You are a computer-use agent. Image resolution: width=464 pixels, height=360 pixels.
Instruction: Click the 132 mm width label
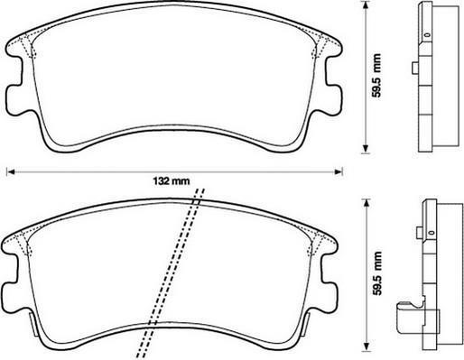[x=172, y=181]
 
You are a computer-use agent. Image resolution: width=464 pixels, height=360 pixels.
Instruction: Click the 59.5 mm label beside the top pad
[x=376, y=76]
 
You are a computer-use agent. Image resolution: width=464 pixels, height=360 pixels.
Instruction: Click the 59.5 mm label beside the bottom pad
[x=376, y=273]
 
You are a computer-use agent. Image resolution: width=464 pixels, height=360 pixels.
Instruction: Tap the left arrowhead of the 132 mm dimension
[x=10, y=172]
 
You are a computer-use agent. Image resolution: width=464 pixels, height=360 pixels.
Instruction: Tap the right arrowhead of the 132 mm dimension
[x=339, y=172]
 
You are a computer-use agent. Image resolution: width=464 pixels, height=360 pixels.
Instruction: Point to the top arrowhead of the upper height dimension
[x=366, y=5]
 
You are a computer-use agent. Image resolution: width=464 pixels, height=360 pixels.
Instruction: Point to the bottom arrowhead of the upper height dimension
[x=366, y=149]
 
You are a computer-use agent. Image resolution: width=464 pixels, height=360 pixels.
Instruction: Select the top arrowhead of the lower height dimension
[x=367, y=203]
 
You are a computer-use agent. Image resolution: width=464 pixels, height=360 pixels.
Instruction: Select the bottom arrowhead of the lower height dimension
[x=367, y=346]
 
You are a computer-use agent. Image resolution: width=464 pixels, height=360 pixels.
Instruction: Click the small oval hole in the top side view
[x=427, y=35]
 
